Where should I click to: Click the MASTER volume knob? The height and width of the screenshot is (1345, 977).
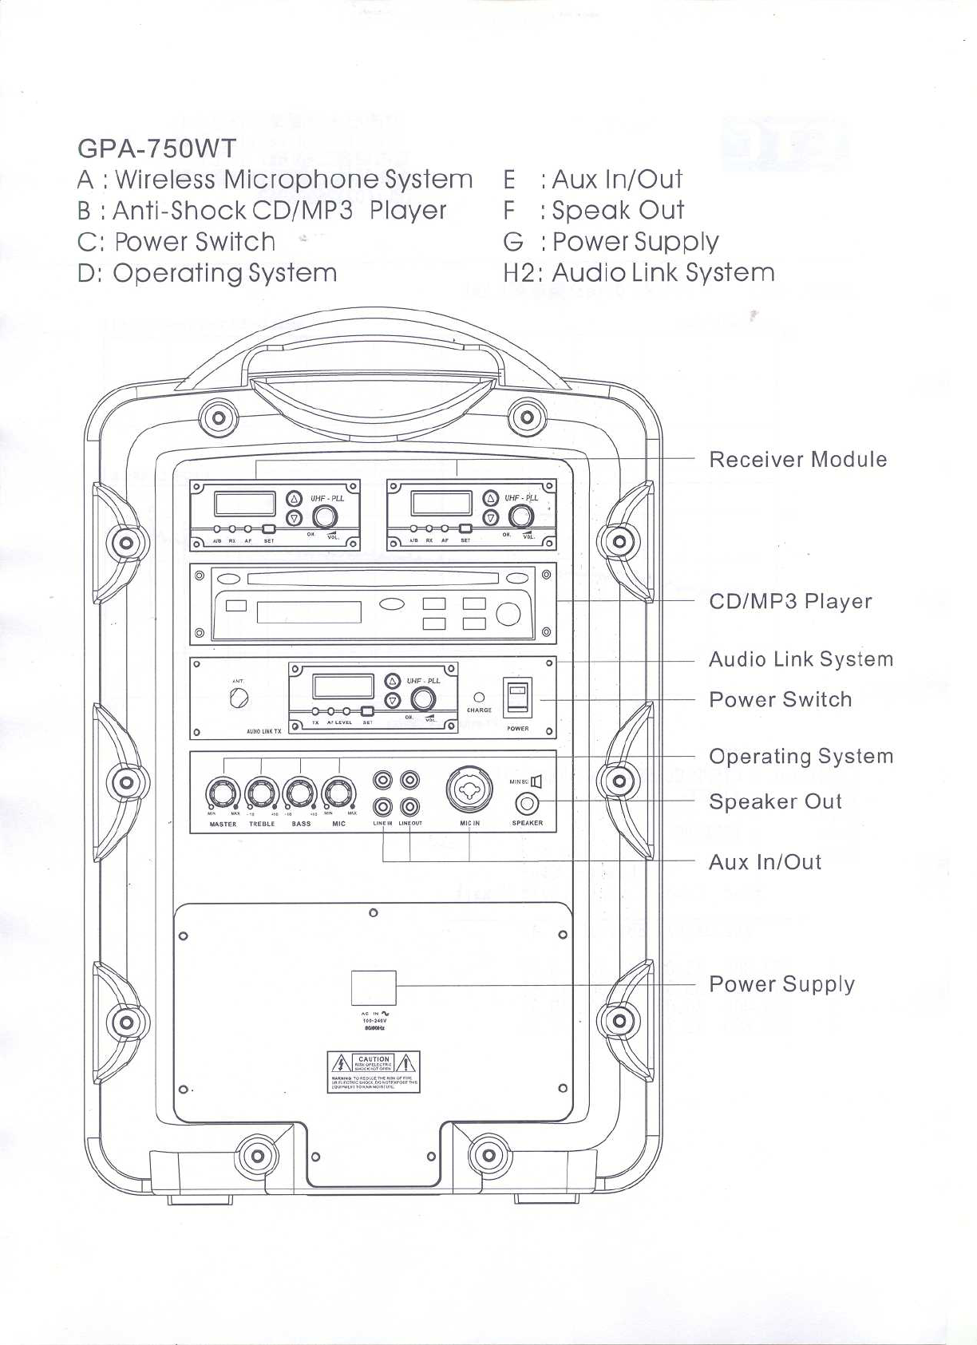tap(223, 793)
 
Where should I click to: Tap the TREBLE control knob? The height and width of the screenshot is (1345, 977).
tap(262, 793)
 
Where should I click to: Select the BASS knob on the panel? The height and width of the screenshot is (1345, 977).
tap(301, 793)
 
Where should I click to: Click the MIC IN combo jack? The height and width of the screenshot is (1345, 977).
tap(469, 789)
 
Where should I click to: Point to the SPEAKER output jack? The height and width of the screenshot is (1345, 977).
tap(527, 804)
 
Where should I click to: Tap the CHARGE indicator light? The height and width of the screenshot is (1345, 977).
tap(479, 697)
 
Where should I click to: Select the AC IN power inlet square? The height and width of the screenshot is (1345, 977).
tap(374, 988)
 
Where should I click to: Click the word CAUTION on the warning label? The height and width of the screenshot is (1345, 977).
tap(374, 1059)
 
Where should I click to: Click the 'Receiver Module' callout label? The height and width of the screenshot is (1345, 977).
tap(797, 460)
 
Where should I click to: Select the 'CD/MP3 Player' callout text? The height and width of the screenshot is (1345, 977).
tap(790, 601)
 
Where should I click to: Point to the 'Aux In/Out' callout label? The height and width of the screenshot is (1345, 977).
tap(765, 862)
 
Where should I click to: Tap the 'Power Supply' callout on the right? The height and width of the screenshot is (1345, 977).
tap(781, 984)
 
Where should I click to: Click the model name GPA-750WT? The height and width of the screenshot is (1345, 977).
tap(157, 148)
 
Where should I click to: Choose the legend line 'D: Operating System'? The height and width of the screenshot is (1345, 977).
tap(208, 273)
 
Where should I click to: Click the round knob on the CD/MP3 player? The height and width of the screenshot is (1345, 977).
tap(508, 614)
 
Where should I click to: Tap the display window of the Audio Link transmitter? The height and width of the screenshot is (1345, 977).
tap(343, 686)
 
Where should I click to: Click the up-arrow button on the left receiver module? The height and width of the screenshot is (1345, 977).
tap(295, 498)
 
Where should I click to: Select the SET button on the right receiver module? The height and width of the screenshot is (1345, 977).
tap(465, 529)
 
